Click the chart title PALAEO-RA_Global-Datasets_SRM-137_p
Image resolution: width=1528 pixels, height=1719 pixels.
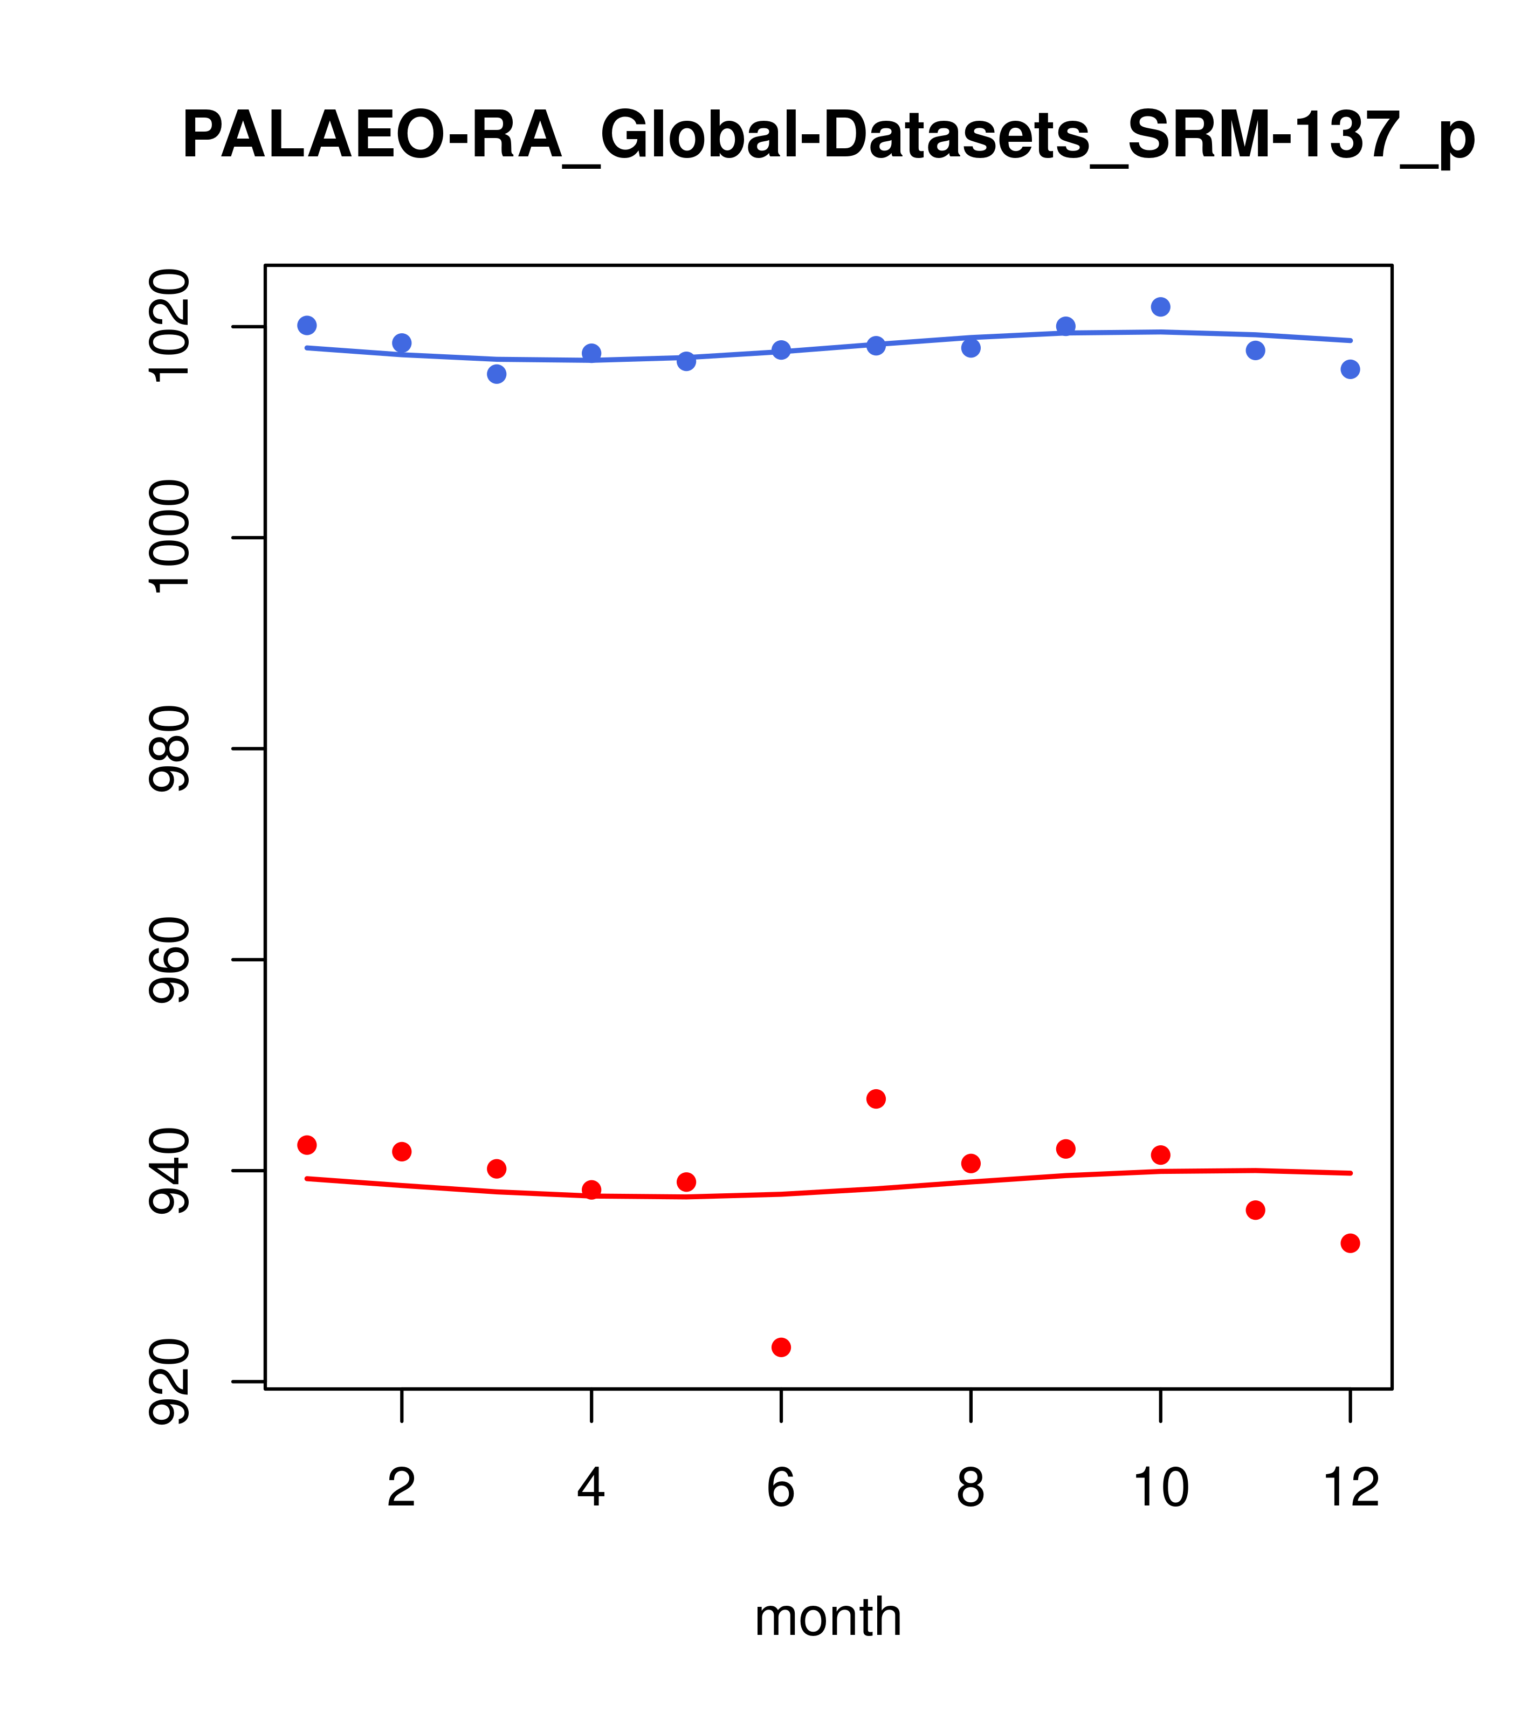pos(828,137)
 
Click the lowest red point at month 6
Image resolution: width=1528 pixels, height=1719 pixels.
pos(781,1347)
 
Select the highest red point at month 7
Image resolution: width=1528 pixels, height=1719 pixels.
pos(876,1099)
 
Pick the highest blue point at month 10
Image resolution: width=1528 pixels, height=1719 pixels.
pos(1160,307)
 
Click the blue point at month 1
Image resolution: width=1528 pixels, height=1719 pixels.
pos(307,326)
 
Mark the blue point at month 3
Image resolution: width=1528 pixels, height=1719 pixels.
pos(497,374)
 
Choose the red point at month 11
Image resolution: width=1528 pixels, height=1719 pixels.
pos(1256,1210)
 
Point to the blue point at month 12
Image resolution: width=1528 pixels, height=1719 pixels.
pos(1351,369)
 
